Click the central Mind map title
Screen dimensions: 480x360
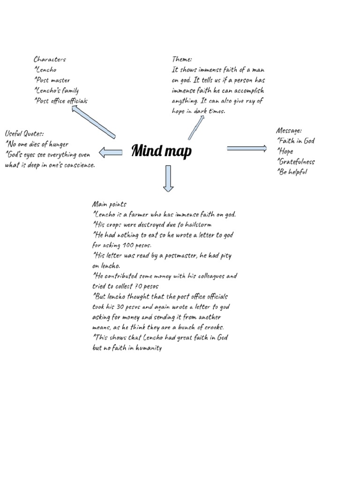[161, 151]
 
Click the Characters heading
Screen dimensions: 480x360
[50, 59]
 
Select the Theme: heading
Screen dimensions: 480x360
[182, 59]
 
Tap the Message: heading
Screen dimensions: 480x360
[289, 130]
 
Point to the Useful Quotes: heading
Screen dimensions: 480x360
[24, 134]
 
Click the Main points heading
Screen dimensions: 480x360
[109, 204]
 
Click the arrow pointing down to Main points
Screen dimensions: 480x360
[168, 179]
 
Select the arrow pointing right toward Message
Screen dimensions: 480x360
[247, 149]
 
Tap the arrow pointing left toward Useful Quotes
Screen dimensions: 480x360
[111, 152]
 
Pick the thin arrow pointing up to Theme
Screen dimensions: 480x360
[196, 127]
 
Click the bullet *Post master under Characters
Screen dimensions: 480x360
[52, 80]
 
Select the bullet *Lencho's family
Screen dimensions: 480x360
[56, 90]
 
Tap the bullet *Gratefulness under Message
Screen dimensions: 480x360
[296, 162]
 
